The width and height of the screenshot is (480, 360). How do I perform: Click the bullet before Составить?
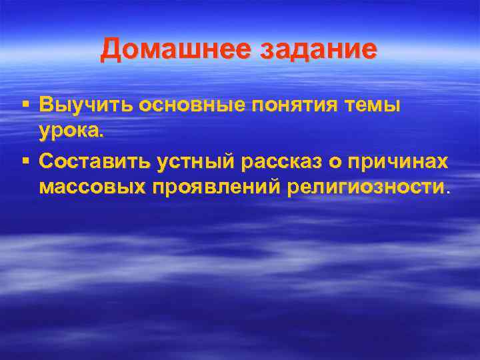[x=25, y=161]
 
